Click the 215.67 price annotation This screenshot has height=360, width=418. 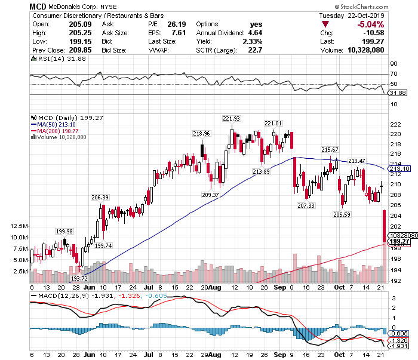pos(330,149)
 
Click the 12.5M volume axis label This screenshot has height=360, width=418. pos(20,226)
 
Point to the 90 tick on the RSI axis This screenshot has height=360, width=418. pos(394,63)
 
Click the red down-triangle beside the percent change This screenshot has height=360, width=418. pos(325,24)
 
